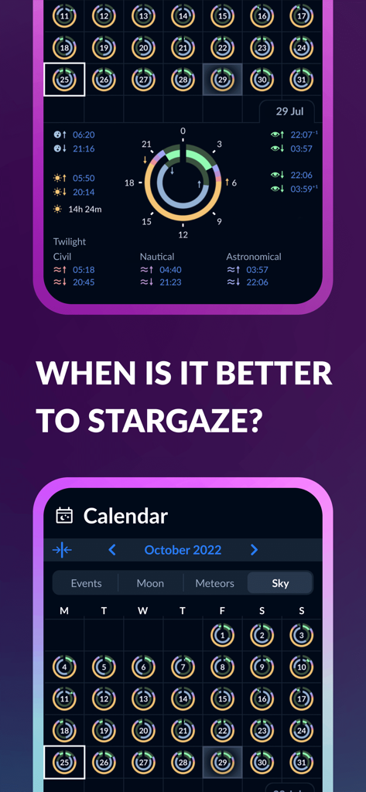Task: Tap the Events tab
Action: (86, 583)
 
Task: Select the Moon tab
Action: (150, 583)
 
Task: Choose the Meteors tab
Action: (214, 583)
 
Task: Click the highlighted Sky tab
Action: (280, 583)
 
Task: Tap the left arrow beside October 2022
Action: (112, 550)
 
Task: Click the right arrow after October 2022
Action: (254, 550)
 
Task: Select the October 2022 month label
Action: (183, 550)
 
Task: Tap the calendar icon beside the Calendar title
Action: (64, 516)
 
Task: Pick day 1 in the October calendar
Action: (222, 636)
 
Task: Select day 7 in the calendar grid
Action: (183, 667)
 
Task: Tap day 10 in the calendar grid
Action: (302, 667)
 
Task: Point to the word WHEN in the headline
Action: (77, 374)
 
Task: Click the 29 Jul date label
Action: (291, 111)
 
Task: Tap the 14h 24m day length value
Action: (85, 209)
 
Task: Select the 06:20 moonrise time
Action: (84, 135)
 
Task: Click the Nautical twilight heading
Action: (157, 257)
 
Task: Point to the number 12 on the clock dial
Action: (183, 234)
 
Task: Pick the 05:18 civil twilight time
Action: (84, 270)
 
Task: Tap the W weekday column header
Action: (143, 611)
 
